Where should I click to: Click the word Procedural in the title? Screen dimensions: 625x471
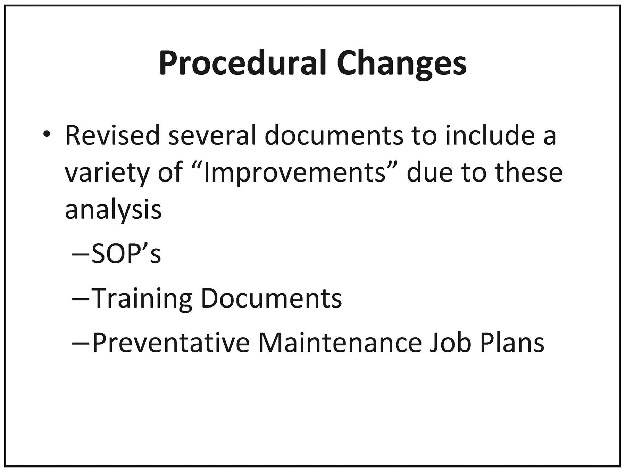click(x=242, y=63)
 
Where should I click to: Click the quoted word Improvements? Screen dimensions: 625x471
click(x=295, y=173)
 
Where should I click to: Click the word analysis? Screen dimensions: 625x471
click(x=113, y=210)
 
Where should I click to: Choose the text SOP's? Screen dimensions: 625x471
click(x=126, y=253)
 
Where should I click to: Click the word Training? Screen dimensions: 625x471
click(x=142, y=298)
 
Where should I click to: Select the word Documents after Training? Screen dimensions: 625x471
click(x=271, y=298)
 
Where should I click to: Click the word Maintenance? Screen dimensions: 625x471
click(x=340, y=342)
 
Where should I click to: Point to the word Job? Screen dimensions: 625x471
click(x=450, y=342)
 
